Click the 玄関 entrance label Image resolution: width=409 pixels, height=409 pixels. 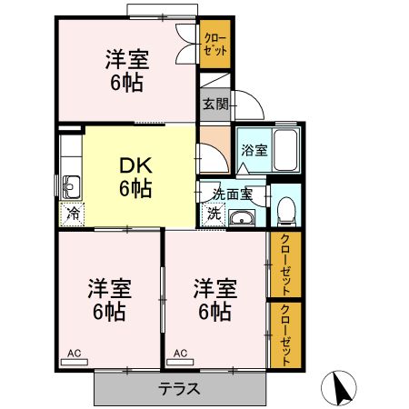coord(215,105)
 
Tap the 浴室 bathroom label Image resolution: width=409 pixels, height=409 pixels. coord(254,150)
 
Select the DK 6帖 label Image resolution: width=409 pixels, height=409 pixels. coord(135,177)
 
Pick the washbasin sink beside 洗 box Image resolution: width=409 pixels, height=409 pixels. coord(242,218)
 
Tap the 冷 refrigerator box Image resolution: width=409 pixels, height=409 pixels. coord(71,214)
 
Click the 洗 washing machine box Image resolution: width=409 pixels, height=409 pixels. coord(213,215)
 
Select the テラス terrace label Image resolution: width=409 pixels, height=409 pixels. coord(180,388)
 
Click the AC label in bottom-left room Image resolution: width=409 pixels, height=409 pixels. coord(74,352)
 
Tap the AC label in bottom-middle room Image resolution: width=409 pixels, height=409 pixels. coord(180,352)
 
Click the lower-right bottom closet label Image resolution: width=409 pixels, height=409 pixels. coord(285,334)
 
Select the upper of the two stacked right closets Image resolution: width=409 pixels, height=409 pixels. coord(285,265)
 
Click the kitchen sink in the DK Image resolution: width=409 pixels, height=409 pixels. coord(71,186)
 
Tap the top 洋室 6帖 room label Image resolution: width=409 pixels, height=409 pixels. coord(125,72)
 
